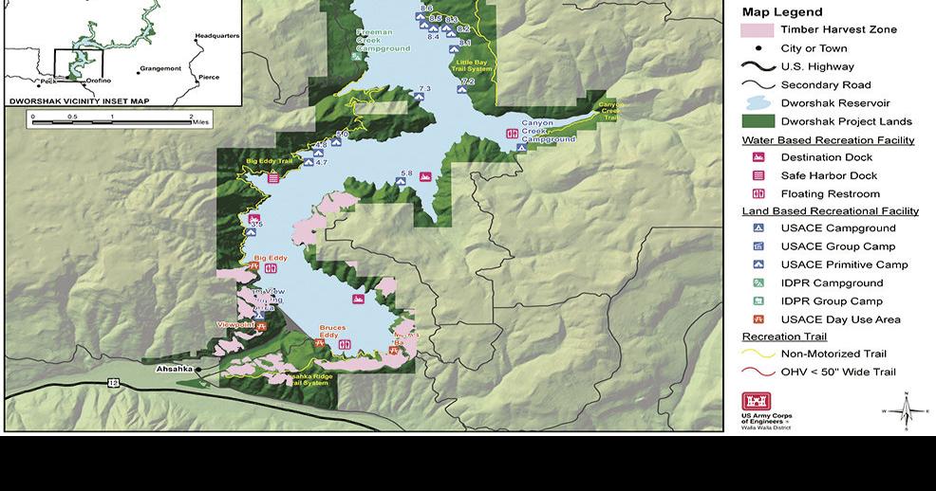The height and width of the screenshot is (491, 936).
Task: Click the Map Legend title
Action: [782, 12]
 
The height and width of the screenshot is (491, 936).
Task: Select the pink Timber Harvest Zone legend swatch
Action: [758, 30]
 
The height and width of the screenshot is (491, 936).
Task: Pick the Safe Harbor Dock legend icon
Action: [758, 175]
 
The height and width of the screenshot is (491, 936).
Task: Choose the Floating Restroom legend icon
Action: [758, 194]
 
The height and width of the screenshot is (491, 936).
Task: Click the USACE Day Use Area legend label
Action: [840, 319]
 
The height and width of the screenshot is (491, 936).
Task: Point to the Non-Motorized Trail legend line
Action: [758, 354]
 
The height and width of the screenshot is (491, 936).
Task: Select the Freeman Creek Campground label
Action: [383, 40]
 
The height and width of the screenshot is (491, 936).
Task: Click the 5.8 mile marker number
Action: [407, 173]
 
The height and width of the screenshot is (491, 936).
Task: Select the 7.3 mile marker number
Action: [424, 88]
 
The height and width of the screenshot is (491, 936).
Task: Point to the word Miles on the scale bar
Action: [200, 122]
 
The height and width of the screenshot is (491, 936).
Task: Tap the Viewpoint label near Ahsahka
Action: [235, 324]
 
